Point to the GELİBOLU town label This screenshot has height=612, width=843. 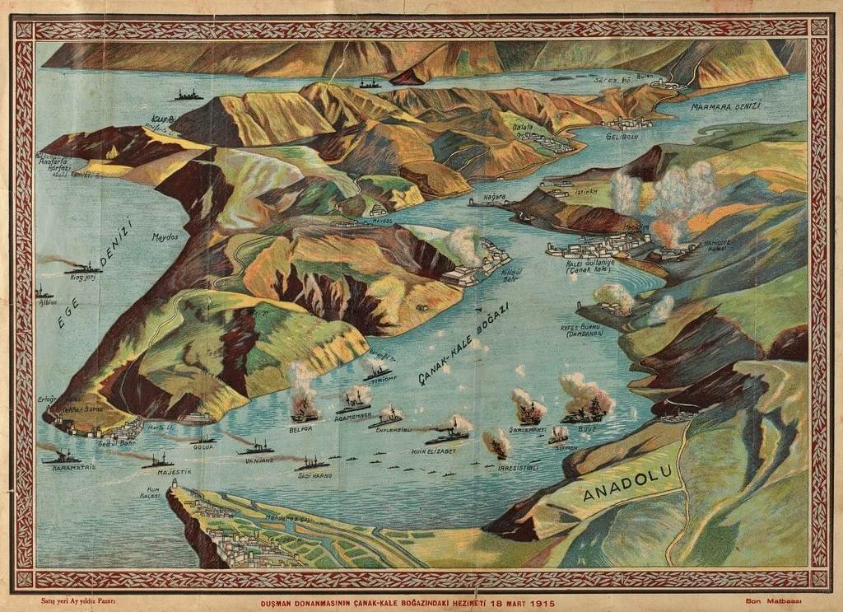pos(622,136)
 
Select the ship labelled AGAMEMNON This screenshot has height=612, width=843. pos(354,403)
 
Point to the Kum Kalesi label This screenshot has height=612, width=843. pos(149,492)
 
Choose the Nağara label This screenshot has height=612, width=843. pos(494,198)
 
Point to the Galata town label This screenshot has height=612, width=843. pos(523,127)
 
